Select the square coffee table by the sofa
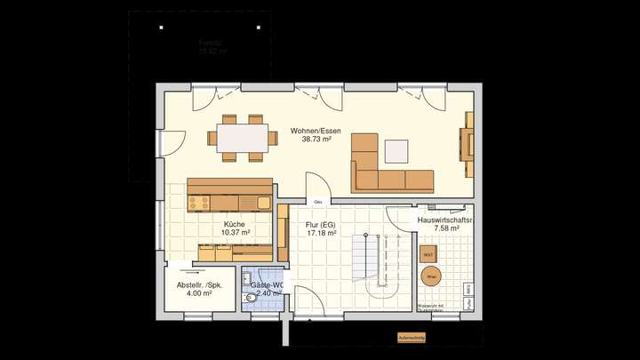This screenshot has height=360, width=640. click(396, 151)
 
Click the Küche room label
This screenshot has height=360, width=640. click(234, 224)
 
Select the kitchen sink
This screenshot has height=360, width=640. click(264, 203)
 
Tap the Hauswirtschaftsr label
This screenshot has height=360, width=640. click(445, 219)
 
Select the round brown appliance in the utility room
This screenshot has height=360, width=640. click(430, 276)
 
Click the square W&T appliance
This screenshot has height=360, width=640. click(428, 253)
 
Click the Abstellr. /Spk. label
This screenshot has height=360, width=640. click(200, 284)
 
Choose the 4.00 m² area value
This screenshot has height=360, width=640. click(200, 294)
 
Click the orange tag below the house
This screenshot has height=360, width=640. click(412, 338)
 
